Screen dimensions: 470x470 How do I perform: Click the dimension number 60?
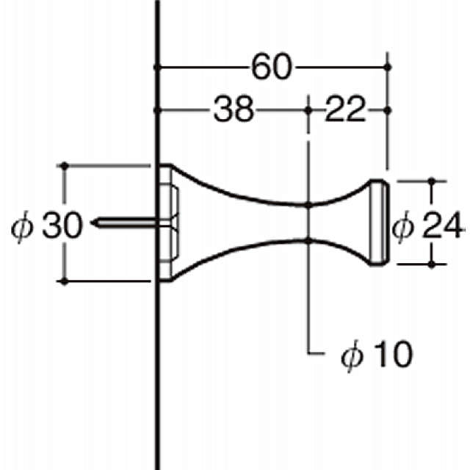(x=272, y=67)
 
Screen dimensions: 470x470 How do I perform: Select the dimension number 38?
(x=234, y=109)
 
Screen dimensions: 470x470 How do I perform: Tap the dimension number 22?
(x=346, y=109)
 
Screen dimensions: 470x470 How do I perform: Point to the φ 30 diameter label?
(x=46, y=225)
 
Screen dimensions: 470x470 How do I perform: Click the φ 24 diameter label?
(x=427, y=225)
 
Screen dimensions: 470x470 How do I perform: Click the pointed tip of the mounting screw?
(x=93, y=223)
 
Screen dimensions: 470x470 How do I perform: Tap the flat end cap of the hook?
(x=379, y=223)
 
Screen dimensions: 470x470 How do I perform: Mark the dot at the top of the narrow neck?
(x=308, y=206)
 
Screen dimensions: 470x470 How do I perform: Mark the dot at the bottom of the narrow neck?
(x=308, y=241)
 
